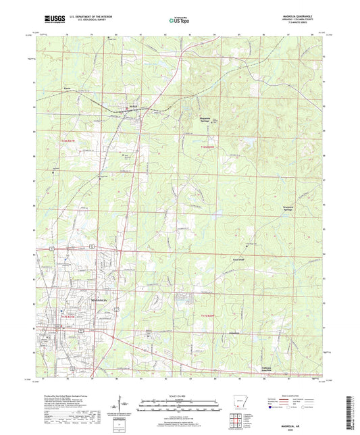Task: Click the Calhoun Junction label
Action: coord(272,369)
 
